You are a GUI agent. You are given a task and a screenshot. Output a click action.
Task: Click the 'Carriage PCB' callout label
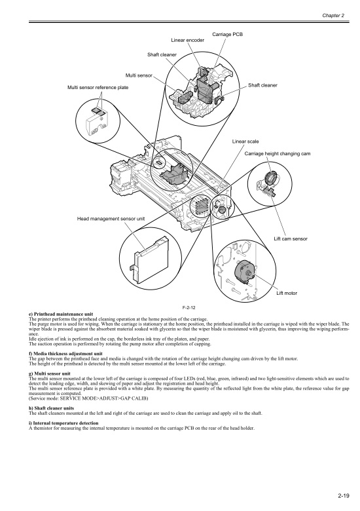click(x=227, y=34)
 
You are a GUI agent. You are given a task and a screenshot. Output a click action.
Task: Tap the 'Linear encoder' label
click(x=187, y=40)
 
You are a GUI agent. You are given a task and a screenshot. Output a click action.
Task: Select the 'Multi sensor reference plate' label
click(x=98, y=87)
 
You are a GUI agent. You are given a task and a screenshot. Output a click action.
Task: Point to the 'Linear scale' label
click(x=245, y=142)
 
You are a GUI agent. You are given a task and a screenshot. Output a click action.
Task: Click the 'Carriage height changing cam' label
click(x=278, y=153)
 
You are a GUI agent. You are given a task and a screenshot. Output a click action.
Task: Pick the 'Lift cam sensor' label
click(x=291, y=238)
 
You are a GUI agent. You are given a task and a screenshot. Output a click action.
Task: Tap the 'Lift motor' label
click(x=287, y=293)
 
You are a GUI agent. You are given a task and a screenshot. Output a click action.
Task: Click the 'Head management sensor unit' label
click(x=111, y=219)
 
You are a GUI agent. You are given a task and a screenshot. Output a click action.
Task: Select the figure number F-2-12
click(x=189, y=307)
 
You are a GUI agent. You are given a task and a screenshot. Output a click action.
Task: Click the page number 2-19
click(x=344, y=496)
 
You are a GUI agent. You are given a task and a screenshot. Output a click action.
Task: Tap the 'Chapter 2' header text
click(x=333, y=15)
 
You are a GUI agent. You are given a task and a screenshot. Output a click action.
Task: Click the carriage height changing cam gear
click(x=270, y=178)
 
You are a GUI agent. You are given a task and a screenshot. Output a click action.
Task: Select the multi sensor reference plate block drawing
click(x=96, y=124)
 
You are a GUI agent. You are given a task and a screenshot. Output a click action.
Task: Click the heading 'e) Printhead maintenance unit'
click(x=61, y=314)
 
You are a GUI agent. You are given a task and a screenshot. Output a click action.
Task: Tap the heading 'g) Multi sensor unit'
click(x=50, y=373)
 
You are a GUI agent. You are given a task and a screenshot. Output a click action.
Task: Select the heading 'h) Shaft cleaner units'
click(x=52, y=408)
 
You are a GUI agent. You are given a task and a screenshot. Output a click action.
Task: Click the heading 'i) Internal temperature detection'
click(x=63, y=423)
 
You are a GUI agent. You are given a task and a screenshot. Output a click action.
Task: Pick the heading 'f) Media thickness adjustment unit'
click(x=65, y=354)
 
